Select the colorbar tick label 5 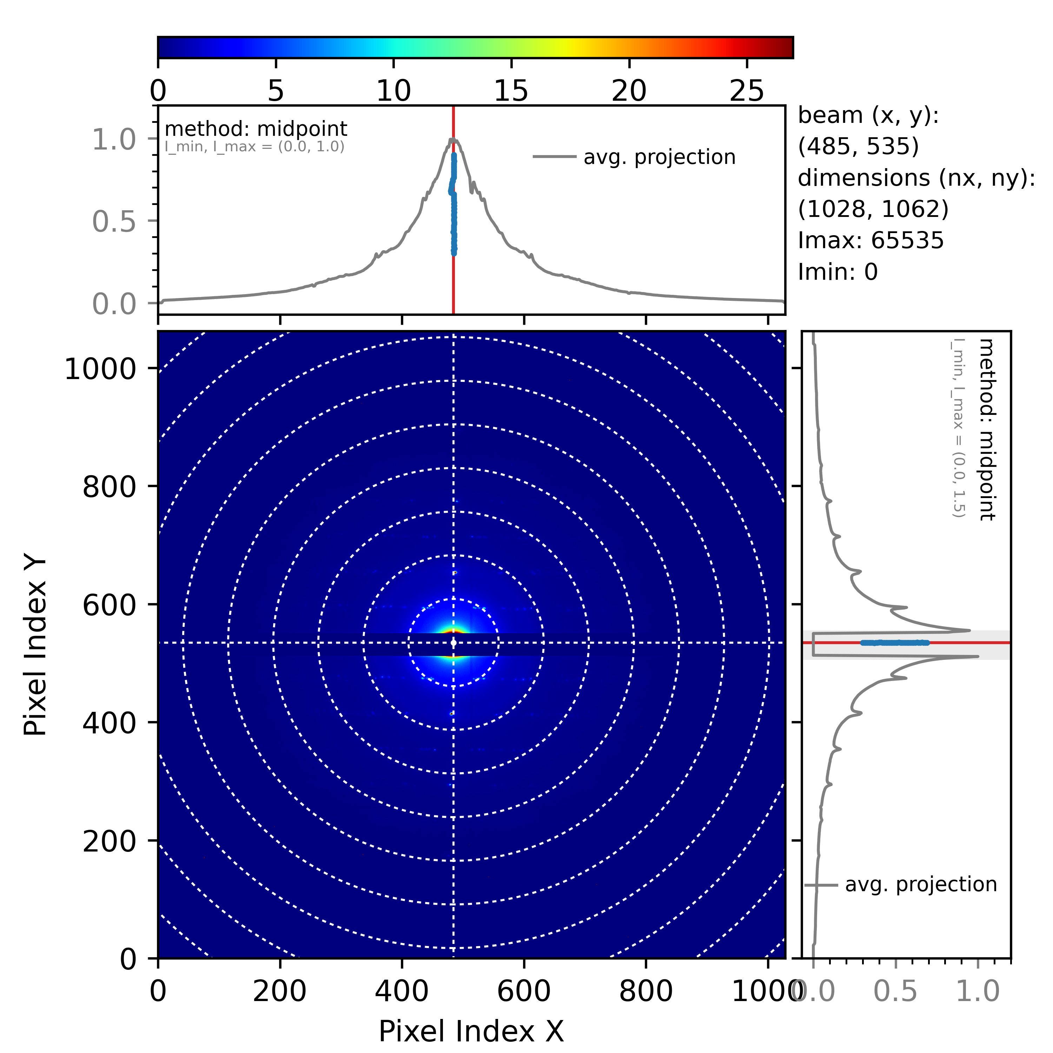pos(276,91)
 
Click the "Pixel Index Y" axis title pos(36,647)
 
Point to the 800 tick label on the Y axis pos(109,487)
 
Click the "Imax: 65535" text pos(870,240)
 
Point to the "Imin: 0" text pos(838,272)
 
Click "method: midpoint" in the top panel pos(256,129)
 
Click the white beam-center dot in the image pos(453,643)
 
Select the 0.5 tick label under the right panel pos(895,991)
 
